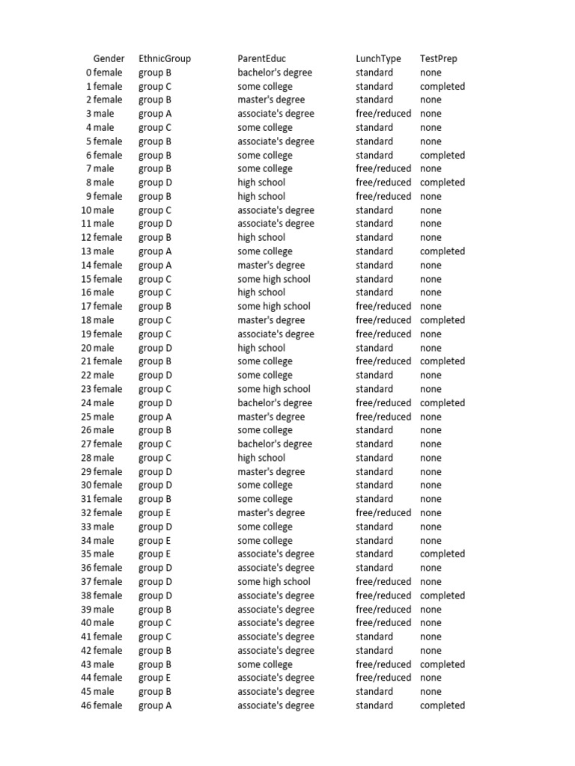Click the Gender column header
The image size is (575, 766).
coord(109,58)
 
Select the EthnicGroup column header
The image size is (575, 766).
coord(165,58)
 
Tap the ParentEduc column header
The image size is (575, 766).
coord(261,58)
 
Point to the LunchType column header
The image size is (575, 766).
coord(378,58)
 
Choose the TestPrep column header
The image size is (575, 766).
coord(439,58)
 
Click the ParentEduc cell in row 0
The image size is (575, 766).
coord(275,73)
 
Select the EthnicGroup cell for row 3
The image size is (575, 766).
coord(155,114)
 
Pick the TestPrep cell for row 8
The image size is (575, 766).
coord(442,183)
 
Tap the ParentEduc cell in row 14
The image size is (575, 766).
coord(271,265)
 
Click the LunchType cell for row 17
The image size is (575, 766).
coord(383,306)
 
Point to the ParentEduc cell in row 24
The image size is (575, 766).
coord(275,402)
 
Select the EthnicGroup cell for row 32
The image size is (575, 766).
coord(155,513)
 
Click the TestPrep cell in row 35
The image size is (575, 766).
coord(442,554)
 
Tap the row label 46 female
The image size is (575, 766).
coord(102,705)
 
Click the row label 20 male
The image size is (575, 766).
coord(98,348)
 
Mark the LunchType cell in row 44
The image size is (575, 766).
coord(383,678)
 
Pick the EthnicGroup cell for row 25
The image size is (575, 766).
coord(155,417)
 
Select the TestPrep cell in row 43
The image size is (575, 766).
coord(442,664)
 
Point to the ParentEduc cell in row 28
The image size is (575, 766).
coord(261,458)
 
